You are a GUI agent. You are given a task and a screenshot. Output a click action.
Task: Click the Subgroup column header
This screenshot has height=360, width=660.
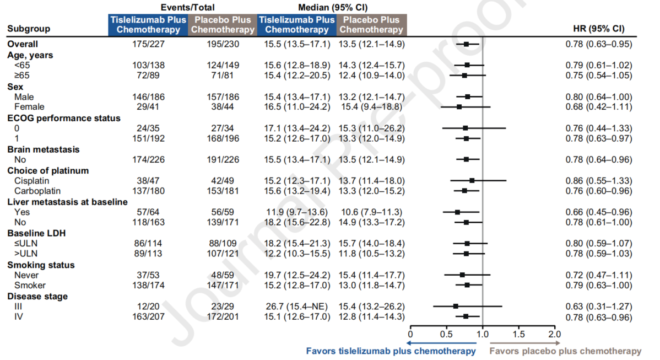point(29,29)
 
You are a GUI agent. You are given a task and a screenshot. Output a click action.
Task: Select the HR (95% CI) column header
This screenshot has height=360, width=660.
point(599,29)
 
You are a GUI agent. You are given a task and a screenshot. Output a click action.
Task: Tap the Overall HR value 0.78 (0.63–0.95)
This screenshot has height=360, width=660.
point(599,44)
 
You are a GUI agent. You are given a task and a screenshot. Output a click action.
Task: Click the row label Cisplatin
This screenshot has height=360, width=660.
point(32,181)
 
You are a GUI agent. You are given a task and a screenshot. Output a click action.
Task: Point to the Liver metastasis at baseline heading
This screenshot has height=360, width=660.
point(67,202)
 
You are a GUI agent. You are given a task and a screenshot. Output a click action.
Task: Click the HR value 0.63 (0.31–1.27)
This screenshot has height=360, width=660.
point(599,307)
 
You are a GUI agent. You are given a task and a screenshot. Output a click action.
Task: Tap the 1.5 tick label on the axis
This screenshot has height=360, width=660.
point(518,334)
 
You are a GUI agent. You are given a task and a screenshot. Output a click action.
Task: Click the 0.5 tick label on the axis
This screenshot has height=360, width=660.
point(446,334)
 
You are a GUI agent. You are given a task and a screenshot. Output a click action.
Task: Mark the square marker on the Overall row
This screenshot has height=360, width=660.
point(466,44)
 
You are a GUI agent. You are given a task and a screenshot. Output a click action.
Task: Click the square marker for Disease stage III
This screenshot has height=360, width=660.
point(456,306)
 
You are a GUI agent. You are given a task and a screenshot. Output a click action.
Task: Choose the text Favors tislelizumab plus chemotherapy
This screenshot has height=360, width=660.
point(391,351)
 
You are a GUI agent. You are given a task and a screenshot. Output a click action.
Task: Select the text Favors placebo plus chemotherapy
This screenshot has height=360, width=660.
point(565,351)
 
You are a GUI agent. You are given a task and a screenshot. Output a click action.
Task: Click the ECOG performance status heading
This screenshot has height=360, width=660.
point(63,118)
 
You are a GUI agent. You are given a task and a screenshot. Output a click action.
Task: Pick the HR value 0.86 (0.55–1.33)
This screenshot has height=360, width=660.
point(599,181)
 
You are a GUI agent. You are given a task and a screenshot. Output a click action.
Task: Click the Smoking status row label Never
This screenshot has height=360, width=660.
point(26,275)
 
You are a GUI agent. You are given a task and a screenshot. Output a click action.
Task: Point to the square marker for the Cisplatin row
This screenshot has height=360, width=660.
point(472,180)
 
